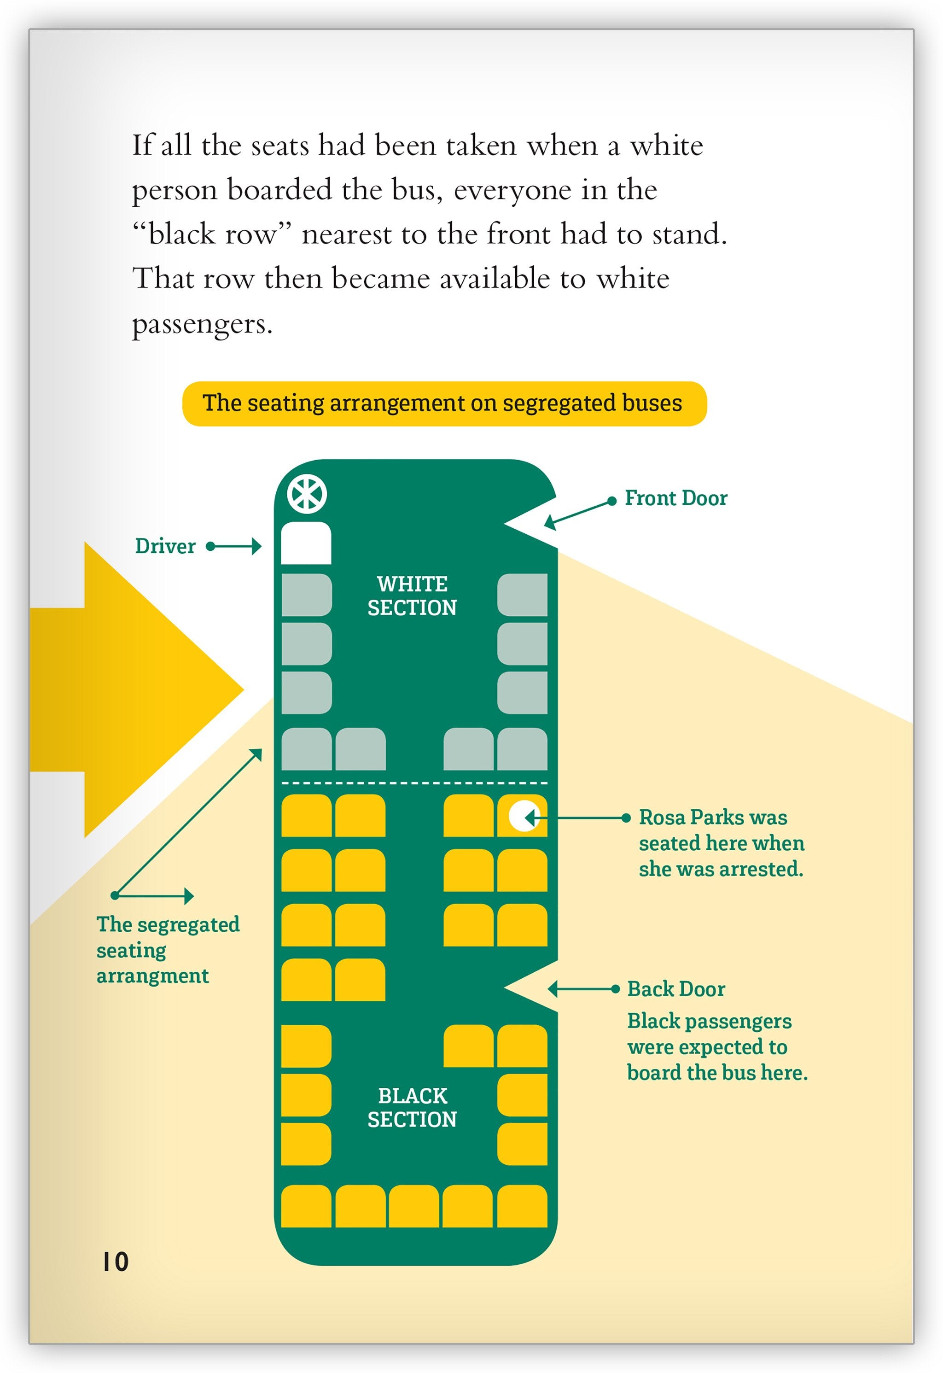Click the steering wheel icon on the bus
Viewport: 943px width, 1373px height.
(x=307, y=494)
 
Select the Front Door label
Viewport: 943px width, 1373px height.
(x=675, y=498)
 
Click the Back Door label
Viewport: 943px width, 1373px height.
(x=676, y=989)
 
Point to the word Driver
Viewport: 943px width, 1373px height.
(x=165, y=546)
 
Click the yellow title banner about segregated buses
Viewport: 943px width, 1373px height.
(x=444, y=403)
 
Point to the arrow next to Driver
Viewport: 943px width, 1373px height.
(x=234, y=546)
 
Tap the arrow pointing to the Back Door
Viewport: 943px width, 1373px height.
(x=582, y=989)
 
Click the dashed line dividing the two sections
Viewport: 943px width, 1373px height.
(x=413, y=783)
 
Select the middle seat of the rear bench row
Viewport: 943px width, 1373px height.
(x=413, y=1206)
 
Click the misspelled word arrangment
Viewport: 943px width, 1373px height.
(x=152, y=976)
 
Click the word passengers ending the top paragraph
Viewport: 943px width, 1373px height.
(x=202, y=324)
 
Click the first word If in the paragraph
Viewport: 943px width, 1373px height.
(x=142, y=146)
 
